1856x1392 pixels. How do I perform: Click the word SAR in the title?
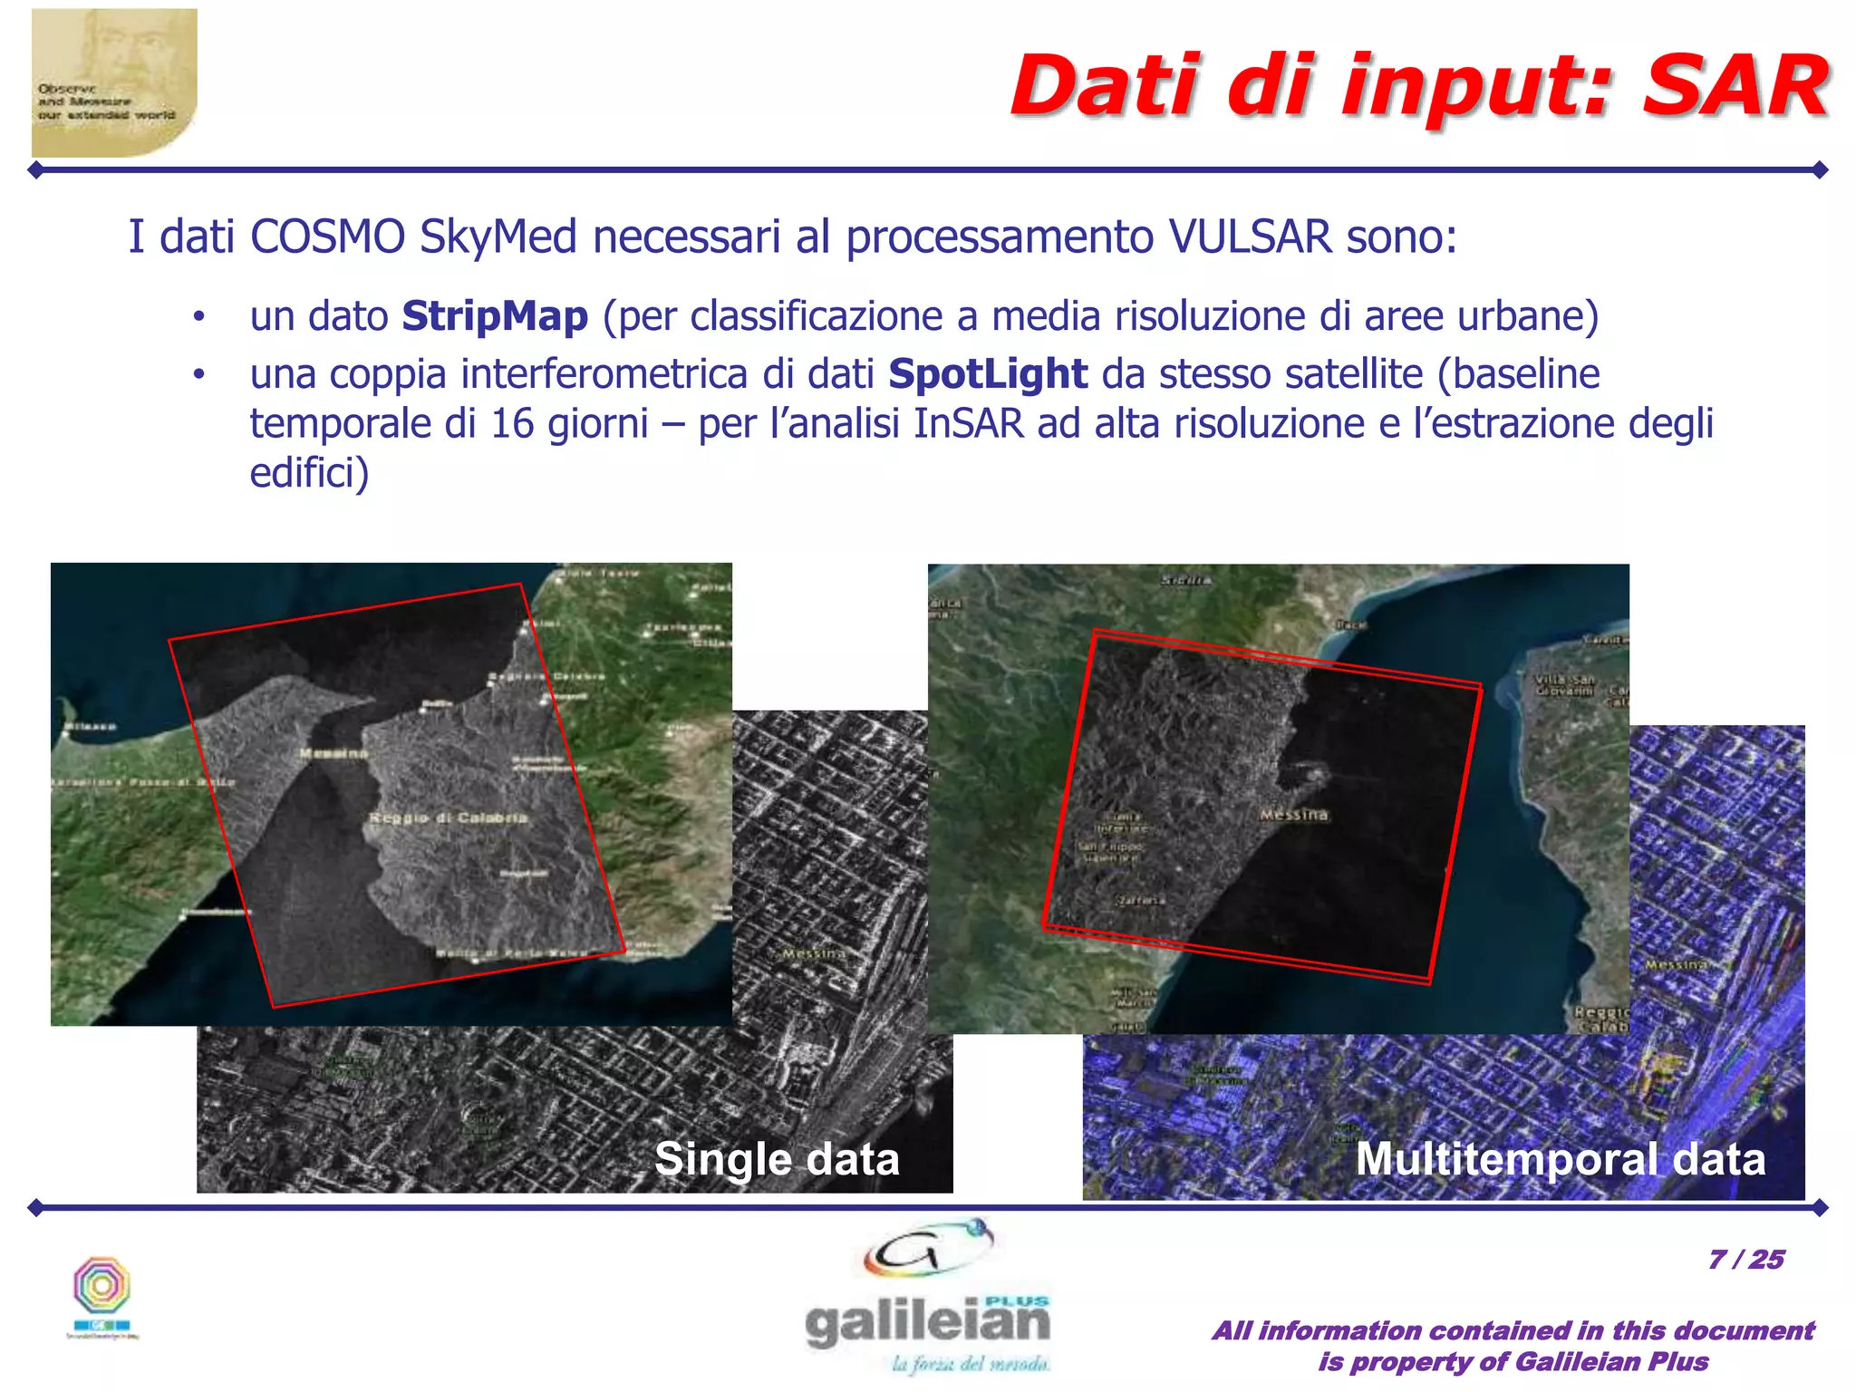(x=1735, y=87)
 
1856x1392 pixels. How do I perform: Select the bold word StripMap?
(x=495, y=316)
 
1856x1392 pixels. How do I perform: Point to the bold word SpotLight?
(x=988, y=373)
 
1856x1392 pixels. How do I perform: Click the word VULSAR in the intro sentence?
(x=1251, y=237)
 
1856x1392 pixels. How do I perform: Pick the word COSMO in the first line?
(x=327, y=237)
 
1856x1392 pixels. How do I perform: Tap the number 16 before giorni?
(x=512, y=424)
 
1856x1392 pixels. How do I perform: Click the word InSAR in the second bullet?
(x=968, y=424)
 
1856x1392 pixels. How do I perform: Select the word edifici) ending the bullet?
(x=309, y=473)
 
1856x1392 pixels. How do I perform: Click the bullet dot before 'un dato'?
(x=199, y=318)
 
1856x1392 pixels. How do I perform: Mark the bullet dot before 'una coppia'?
(x=199, y=375)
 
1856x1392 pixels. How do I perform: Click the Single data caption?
(x=777, y=1159)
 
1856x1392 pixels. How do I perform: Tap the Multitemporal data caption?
(x=1560, y=1159)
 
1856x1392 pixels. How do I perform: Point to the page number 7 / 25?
(x=1745, y=1260)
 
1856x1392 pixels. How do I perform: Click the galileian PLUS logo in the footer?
(x=928, y=1296)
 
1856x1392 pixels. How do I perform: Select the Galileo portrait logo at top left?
(x=114, y=83)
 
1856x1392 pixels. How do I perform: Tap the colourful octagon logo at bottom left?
(x=102, y=1291)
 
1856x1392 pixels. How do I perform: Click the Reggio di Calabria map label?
(x=448, y=818)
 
